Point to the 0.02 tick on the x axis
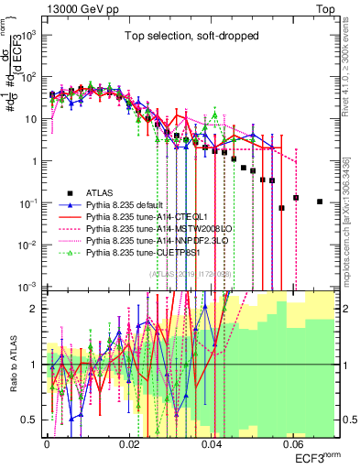coord(129,442)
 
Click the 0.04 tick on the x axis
coord(212,442)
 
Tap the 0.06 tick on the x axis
coord(294,442)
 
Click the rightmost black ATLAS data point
coord(319,202)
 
